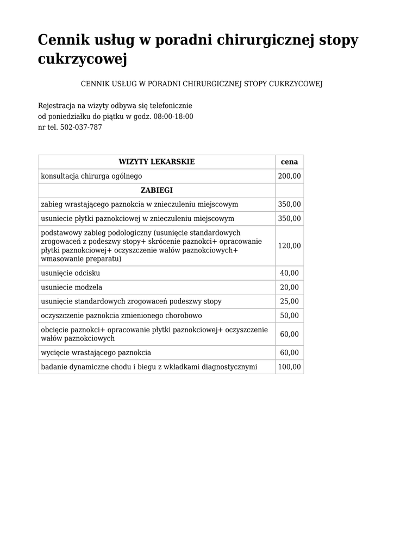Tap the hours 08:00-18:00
173,117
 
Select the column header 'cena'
289,162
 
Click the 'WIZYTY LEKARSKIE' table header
157,162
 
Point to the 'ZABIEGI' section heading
157,191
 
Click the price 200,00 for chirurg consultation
289,176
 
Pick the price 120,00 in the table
289,246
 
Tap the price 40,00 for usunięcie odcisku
289,273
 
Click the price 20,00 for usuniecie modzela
289,287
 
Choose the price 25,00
289,301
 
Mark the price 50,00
289,315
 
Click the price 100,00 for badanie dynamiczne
289,367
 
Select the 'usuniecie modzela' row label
72,287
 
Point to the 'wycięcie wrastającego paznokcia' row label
96,353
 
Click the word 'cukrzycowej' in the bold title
82,59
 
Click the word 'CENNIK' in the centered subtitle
95,84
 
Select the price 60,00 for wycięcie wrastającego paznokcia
289,353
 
